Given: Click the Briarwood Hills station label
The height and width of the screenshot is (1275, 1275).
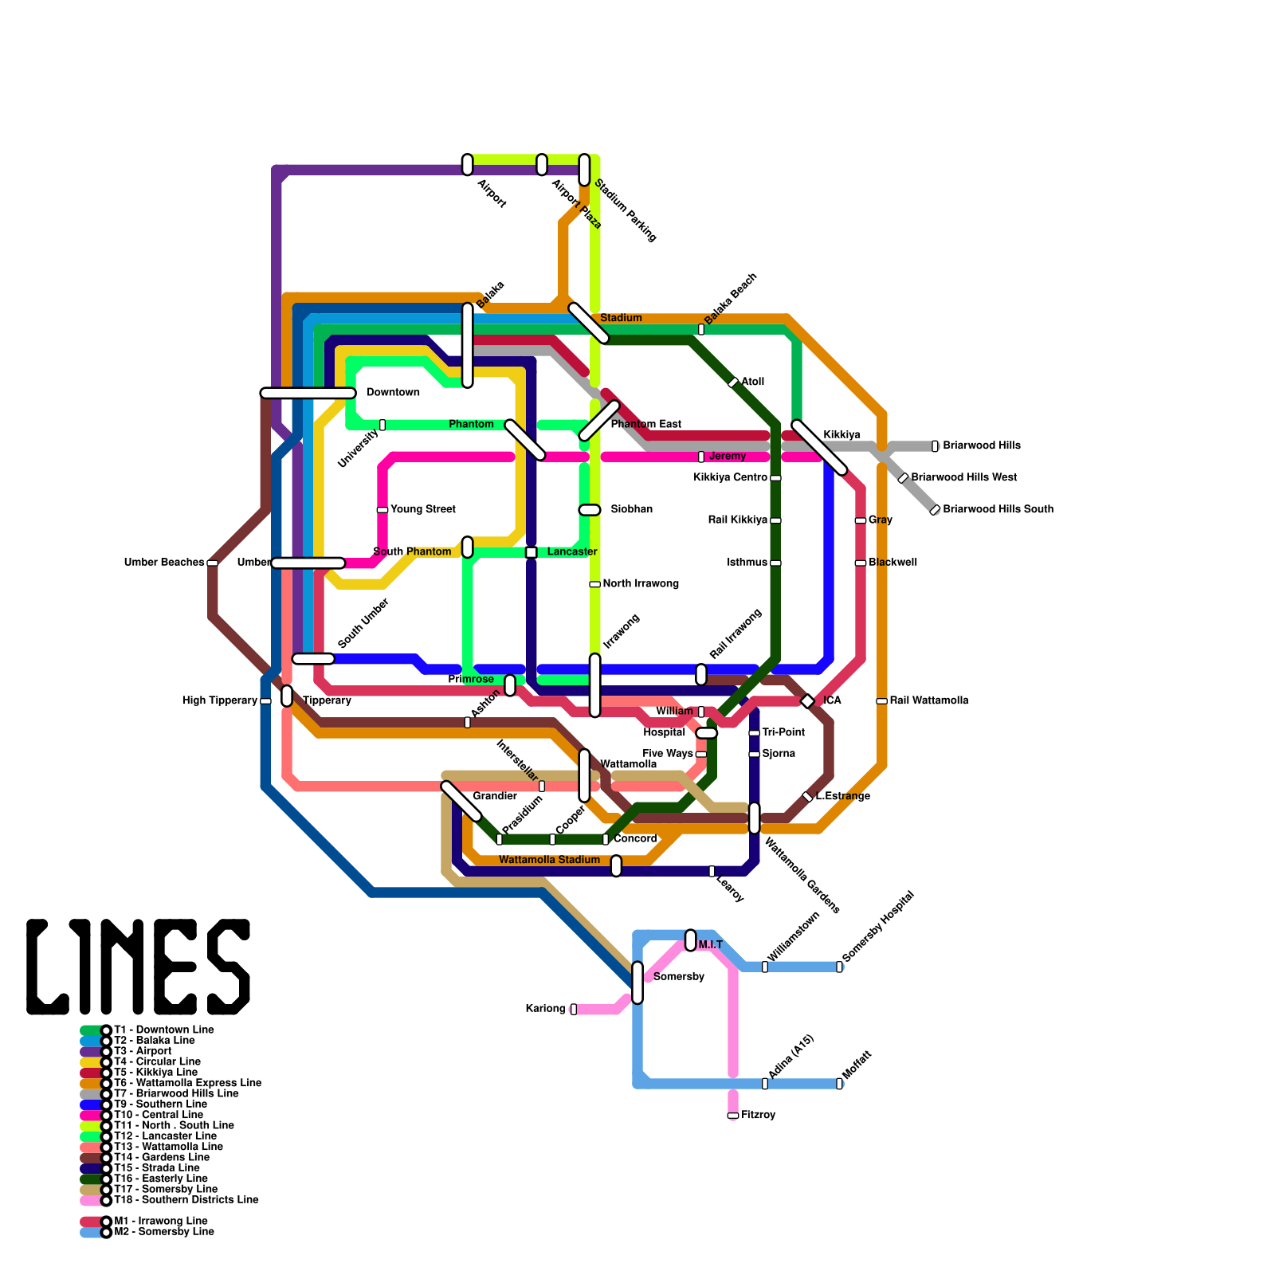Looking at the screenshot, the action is pyautogui.click(x=981, y=445).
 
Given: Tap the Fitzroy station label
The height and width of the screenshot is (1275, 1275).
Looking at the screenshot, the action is pyautogui.click(x=758, y=1115).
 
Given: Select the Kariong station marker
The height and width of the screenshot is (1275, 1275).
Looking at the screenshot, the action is pyautogui.click(x=573, y=1009).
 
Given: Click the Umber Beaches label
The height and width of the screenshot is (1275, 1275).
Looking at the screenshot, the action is pyautogui.click(x=164, y=563).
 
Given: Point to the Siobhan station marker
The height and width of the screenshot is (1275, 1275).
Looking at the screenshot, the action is pyautogui.click(x=590, y=510).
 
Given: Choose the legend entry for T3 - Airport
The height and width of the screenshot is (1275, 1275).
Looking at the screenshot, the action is pyautogui.click(x=143, y=1051).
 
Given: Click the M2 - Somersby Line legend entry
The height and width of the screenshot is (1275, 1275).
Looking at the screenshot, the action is pyautogui.click(x=163, y=1232).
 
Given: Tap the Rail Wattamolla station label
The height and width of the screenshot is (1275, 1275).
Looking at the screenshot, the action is pyautogui.click(x=929, y=700).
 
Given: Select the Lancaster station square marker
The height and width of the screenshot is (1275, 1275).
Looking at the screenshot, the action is pyautogui.click(x=531, y=552).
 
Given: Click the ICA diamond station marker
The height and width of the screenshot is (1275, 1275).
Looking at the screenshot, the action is pyautogui.click(x=807, y=701).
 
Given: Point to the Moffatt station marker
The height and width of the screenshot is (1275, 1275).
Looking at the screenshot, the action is pyautogui.click(x=839, y=1084).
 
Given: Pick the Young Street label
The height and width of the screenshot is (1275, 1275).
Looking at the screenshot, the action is pyautogui.click(x=422, y=509).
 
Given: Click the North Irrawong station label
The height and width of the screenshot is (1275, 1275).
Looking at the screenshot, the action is pyautogui.click(x=641, y=584).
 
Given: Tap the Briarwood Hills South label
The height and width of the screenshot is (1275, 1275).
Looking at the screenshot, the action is pyautogui.click(x=998, y=509).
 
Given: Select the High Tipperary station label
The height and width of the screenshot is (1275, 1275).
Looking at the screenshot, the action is pyautogui.click(x=220, y=700).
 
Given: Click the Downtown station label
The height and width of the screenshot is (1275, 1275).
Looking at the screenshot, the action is pyautogui.click(x=393, y=393).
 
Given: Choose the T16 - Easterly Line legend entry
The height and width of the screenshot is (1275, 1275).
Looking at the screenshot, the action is pyautogui.click(x=160, y=1179).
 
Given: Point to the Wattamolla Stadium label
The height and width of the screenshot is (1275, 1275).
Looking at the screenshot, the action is pyautogui.click(x=549, y=860).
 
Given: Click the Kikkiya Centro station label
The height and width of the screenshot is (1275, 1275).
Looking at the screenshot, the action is pyautogui.click(x=730, y=477).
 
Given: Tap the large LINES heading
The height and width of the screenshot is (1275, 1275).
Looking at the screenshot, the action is pyautogui.click(x=139, y=967).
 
